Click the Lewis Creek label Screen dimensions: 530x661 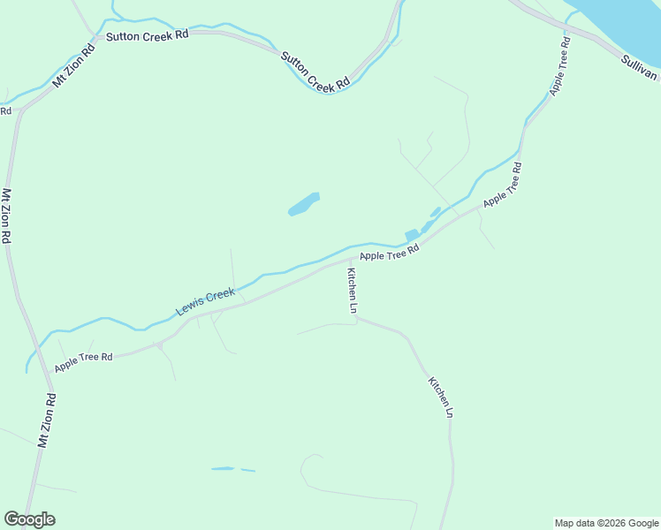pyautogui.click(x=205, y=301)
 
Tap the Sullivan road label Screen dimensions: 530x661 pyautogui.click(x=639, y=66)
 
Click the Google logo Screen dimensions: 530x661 pyautogui.click(x=29, y=519)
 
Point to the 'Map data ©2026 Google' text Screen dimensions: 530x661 pyautogui.click(x=607, y=523)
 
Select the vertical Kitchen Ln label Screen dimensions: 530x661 pyautogui.click(x=351, y=291)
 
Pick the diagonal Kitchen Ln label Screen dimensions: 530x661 pyautogui.click(x=441, y=397)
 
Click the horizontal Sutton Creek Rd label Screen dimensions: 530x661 pyautogui.click(x=148, y=35)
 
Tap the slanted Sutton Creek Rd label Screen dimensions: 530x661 pyautogui.click(x=315, y=72)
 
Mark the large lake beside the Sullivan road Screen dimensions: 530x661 pyautogui.click(x=619, y=22)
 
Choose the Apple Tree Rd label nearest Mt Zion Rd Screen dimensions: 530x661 pyautogui.click(x=83, y=361)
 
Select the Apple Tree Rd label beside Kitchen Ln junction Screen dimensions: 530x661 pyautogui.click(x=389, y=254)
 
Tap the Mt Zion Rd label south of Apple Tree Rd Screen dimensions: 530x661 pyautogui.click(x=47, y=420)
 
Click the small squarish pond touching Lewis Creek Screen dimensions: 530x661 pyautogui.click(x=411, y=235)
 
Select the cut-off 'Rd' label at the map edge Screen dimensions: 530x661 pyautogui.click(x=5, y=110)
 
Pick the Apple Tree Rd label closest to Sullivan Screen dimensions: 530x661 pyautogui.click(x=559, y=67)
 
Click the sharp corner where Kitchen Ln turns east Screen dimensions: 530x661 pyautogui.click(x=355, y=318)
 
